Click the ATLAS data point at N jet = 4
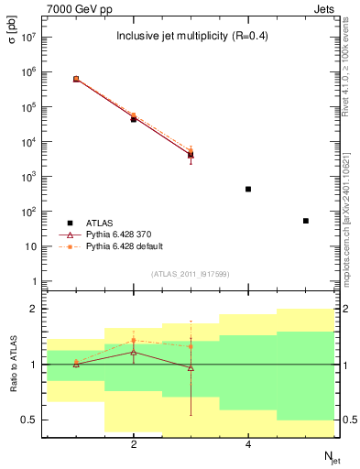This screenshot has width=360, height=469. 248,190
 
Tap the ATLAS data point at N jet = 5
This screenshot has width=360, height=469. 306,221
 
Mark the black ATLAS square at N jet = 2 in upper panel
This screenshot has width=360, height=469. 134,119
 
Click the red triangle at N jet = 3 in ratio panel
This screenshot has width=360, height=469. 191,368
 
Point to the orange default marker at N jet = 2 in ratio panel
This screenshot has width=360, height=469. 134,340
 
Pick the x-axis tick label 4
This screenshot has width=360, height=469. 248,444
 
